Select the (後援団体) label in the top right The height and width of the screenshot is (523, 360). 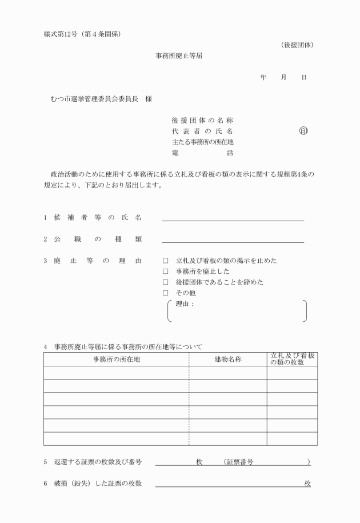297,45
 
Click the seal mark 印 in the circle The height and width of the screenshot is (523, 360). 303,131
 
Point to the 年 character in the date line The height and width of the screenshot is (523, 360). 263,77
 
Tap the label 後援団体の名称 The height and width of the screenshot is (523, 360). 202,120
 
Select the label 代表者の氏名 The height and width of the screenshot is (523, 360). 202,131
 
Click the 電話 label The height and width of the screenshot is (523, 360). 202,153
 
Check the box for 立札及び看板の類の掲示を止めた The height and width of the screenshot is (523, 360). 165,261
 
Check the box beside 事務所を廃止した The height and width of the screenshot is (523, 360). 165,272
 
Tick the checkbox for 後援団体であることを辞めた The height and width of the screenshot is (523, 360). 165,282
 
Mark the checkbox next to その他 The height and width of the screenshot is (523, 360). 165,293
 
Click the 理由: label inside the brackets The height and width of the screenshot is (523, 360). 185,304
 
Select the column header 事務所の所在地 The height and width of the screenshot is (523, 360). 117,359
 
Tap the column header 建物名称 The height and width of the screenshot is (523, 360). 228,359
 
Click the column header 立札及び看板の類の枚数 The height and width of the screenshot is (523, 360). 293,359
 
